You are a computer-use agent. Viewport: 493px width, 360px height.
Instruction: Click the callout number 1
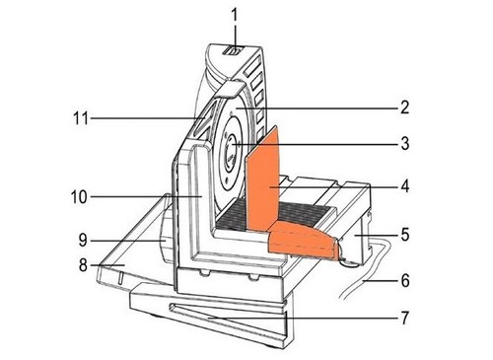click(x=234, y=16)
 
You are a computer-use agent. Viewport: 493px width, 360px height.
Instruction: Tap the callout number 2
click(x=404, y=108)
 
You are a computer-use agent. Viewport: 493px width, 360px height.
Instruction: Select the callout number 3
click(x=404, y=144)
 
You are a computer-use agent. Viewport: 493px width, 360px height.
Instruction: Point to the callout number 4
click(x=404, y=186)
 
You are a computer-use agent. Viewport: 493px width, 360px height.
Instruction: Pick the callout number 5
click(x=404, y=235)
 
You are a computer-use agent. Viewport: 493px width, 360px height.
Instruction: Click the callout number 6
click(x=404, y=280)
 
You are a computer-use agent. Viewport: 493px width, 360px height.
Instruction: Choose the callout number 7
click(x=404, y=318)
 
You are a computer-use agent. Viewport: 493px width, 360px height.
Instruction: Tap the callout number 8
click(x=83, y=264)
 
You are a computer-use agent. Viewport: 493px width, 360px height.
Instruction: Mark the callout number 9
click(x=83, y=241)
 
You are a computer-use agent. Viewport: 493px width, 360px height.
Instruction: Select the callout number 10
click(x=79, y=197)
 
